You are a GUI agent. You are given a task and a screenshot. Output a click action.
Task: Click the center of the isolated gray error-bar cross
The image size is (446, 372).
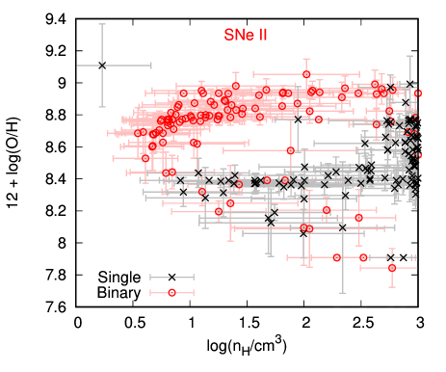click(102, 66)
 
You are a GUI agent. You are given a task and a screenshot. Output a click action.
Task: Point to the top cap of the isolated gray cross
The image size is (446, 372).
click(102, 24)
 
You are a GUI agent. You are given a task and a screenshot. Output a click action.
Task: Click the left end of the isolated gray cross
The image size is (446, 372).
click(77, 66)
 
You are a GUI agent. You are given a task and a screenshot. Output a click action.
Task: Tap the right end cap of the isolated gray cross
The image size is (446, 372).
click(150, 66)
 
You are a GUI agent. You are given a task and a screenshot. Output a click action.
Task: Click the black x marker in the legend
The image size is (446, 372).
click(171, 278)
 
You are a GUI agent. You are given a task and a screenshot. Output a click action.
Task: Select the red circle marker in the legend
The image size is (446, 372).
click(171, 292)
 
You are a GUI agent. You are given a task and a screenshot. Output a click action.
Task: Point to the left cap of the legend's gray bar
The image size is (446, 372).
click(150, 278)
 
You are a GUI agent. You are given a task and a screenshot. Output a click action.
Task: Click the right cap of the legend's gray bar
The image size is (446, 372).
click(194, 278)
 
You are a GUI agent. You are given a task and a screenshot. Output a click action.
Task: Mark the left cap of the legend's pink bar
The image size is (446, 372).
click(150, 292)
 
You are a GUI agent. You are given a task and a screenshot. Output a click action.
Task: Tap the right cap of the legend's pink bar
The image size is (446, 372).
click(194, 292)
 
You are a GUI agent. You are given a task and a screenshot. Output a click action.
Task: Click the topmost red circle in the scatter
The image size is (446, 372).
click(306, 74)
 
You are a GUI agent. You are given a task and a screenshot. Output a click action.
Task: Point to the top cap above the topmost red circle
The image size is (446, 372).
click(306, 61)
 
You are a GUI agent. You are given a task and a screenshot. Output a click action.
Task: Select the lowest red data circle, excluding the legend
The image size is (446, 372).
click(392, 267)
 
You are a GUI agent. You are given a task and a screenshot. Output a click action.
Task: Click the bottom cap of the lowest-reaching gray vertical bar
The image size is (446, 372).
click(342, 292)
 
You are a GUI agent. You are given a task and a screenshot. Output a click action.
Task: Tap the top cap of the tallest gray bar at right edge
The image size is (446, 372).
click(410, 56)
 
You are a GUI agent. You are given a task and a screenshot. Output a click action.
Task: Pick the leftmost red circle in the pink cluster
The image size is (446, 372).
click(139, 134)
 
